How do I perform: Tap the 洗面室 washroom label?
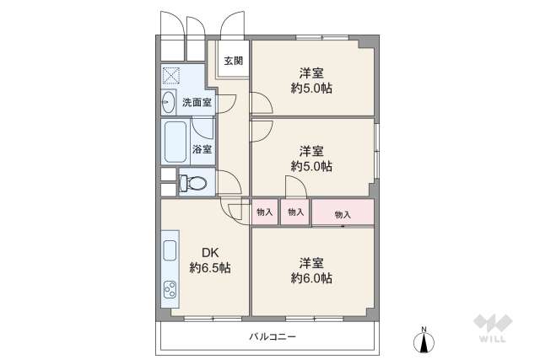click(197, 102)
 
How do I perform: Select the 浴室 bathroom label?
click(202, 149)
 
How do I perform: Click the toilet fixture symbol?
click(193, 183)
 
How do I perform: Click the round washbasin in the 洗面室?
click(168, 102)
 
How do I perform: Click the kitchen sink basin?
click(169, 251)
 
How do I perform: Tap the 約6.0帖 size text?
click(312, 277)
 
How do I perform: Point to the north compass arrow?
click(424, 342)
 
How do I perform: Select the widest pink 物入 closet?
click(343, 213)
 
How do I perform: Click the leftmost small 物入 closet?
click(264, 212)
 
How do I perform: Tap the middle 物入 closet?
click(294, 212)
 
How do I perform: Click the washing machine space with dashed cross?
click(172, 77)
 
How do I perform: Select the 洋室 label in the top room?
click(312, 72)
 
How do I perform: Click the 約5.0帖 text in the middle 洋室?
click(312, 166)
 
